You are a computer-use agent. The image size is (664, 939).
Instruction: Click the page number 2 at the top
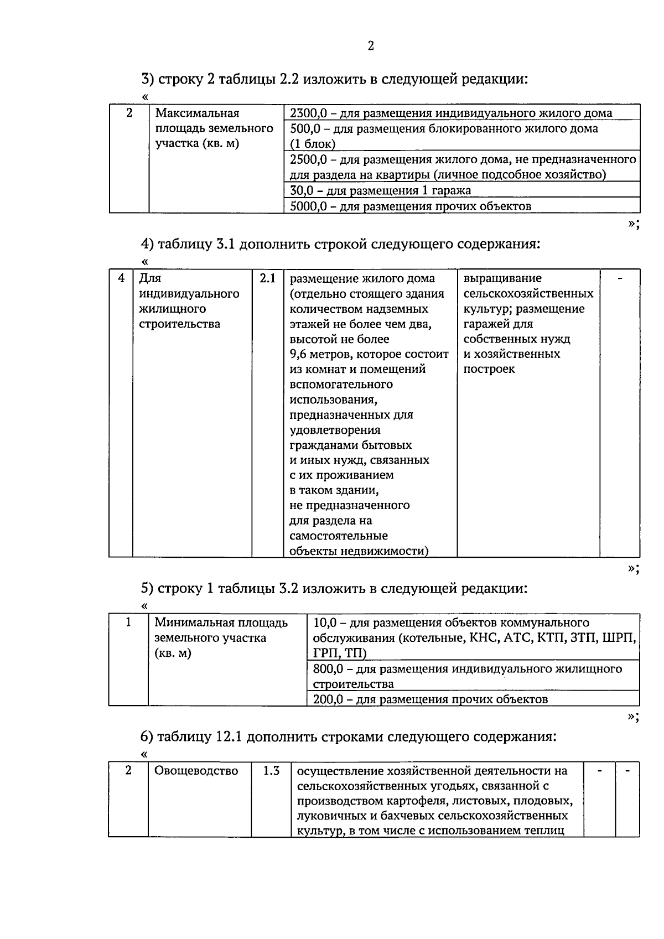371,46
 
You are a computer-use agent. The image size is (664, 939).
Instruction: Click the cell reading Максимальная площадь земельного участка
214,129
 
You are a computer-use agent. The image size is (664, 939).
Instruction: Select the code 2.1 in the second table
267,278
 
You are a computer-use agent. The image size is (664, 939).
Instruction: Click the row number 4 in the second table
121,278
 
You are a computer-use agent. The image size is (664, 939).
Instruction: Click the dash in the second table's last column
620,278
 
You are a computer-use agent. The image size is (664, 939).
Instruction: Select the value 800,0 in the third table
330,669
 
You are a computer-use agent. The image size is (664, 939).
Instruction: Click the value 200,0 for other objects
330,699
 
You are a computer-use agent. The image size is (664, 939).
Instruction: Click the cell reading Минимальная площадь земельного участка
221,638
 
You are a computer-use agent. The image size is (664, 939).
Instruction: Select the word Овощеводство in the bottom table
196,771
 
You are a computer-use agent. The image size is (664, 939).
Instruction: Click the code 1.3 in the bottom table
271,771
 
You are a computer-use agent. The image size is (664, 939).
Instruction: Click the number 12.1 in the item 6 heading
227,737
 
